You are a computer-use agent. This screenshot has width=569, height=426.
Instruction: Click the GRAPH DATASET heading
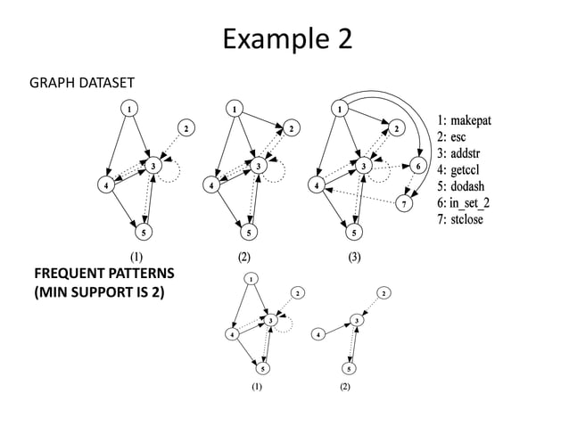click(82, 83)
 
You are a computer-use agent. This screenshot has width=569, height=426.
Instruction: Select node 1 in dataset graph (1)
click(129, 109)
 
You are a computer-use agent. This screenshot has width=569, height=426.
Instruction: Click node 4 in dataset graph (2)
click(210, 186)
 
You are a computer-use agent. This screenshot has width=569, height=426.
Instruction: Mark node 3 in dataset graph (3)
click(364, 166)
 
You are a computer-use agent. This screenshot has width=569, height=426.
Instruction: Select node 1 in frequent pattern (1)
click(252, 279)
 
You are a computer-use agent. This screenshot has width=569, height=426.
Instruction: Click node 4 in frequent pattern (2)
click(318, 335)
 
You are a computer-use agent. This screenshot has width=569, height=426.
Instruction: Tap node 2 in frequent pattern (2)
click(383, 292)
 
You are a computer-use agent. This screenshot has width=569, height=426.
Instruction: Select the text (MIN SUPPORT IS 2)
click(98, 291)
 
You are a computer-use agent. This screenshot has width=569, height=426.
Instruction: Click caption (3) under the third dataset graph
click(355, 257)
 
